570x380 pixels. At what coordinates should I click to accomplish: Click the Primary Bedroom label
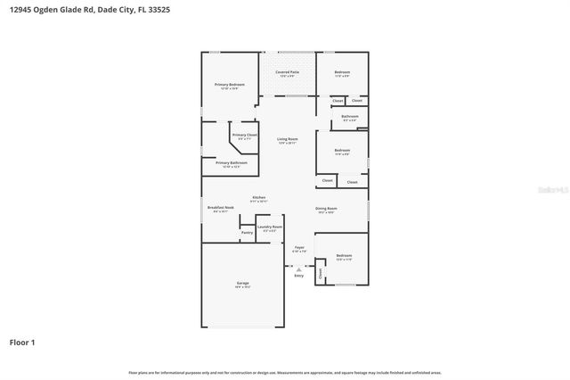pyautogui.click(x=230, y=84)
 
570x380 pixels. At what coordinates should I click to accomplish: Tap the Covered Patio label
pyautogui.click(x=287, y=71)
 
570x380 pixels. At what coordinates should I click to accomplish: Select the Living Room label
pyautogui.click(x=287, y=139)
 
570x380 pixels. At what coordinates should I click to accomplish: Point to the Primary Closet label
pyautogui.click(x=242, y=136)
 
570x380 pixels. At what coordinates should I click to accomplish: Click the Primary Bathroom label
pyautogui.click(x=231, y=162)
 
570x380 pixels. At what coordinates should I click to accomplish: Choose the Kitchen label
pyautogui.click(x=258, y=197)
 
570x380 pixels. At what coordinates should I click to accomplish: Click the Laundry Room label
pyautogui.click(x=269, y=227)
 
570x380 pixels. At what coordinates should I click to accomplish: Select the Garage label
pyautogui.click(x=242, y=284)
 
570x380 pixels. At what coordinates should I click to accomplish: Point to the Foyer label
pyautogui.click(x=299, y=247)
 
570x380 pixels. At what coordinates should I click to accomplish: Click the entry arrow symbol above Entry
pyautogui.click(x=298, y=268)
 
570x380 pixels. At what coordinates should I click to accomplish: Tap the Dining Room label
pyautogui.click(x=325, y=209)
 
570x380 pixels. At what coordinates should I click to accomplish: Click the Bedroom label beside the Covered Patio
pyautogui.click(x=342, y=72)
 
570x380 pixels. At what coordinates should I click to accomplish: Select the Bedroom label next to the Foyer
pyautogui.click(x=344, y=256)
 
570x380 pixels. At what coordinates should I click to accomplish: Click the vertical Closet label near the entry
pyautogui.click(x=321, y=274)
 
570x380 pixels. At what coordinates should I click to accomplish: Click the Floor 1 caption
pyautogui.click(x=22, y=342)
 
